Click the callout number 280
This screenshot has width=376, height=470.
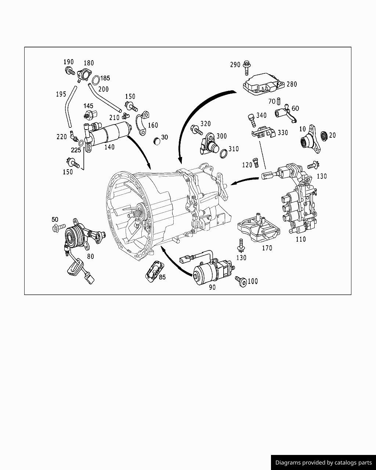pyautogui.click(x=292, y=84)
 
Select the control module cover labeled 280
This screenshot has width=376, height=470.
pyautogui.click(x=262, y=85)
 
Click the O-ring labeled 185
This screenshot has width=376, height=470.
pyautogui.click(x=95, y=79)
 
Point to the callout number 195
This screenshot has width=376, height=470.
pyautogui.click(x=61, y=94)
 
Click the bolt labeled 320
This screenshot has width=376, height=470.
pyautogui.click(x=196, y=129)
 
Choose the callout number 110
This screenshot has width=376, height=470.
pyautogui.click(x=301, y=239)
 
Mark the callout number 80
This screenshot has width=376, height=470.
pyautogui.click(x=90, y=256)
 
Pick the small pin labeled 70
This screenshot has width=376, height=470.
pyautogui.click(x=279, y=101)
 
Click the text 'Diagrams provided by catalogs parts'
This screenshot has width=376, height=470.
pyautogui.click(x=323, y=462)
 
